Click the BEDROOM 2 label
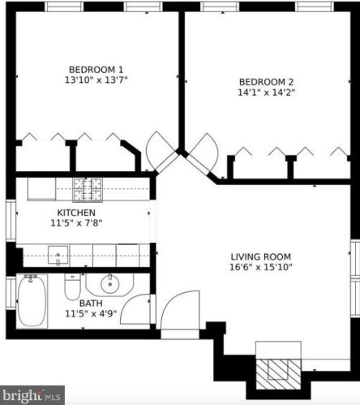266,82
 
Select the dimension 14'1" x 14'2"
266,93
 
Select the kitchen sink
58,256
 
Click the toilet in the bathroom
71,288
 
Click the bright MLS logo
32,397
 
